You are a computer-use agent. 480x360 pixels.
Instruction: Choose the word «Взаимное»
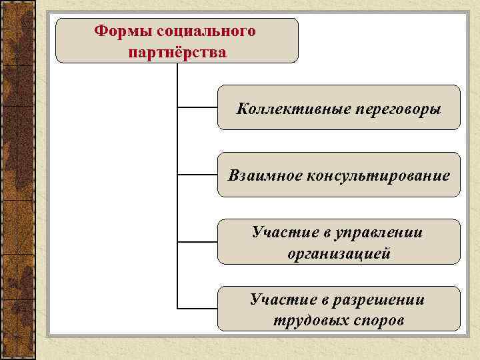(265, 175)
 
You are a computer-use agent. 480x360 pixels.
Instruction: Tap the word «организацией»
(339, 253)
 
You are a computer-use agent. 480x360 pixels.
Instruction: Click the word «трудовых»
(305, 321)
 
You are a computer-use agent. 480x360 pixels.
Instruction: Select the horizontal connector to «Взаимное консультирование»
(197, 175)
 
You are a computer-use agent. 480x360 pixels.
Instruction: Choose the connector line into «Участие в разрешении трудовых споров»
(197, 309)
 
